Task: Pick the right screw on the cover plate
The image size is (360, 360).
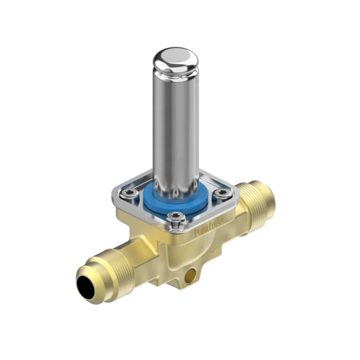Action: click(223, 193)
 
